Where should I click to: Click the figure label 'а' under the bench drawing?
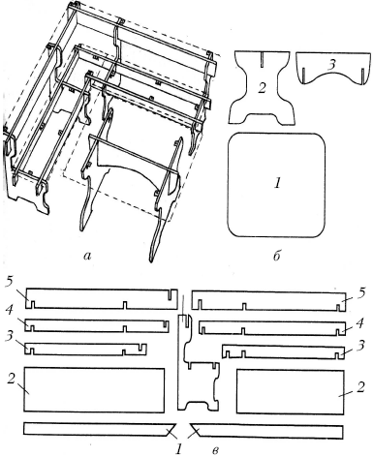87,256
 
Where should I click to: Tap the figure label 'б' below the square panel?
276,256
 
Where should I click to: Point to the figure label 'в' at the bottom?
216,450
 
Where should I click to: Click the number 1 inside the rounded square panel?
277,183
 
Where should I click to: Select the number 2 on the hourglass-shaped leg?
262,88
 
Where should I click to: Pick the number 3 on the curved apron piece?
330,65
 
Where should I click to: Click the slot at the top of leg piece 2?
262,59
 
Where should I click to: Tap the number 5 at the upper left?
10,282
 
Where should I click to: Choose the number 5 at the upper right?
361,292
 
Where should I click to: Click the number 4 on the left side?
10,311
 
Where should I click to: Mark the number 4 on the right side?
361,322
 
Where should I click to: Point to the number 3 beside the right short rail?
361,346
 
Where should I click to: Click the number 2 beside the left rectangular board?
11,380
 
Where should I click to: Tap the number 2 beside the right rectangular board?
360,386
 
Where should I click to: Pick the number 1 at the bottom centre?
178,449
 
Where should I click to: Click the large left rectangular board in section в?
94,389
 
